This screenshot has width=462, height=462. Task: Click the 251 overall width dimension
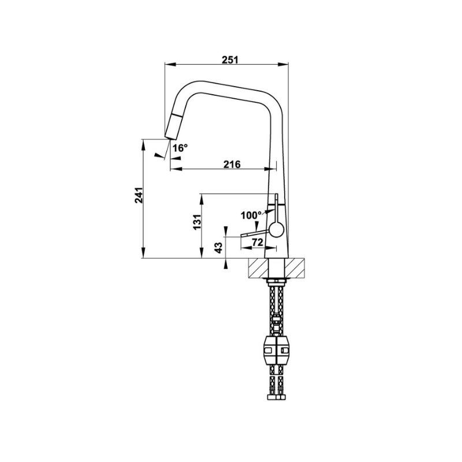[x=230, y=58]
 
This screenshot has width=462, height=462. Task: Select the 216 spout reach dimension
[x=232, y=165]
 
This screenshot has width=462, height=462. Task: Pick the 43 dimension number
[x=218, y=248]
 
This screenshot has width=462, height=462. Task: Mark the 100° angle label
[x=251, y=215]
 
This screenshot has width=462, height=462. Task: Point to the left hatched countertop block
[x=260, y=268]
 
